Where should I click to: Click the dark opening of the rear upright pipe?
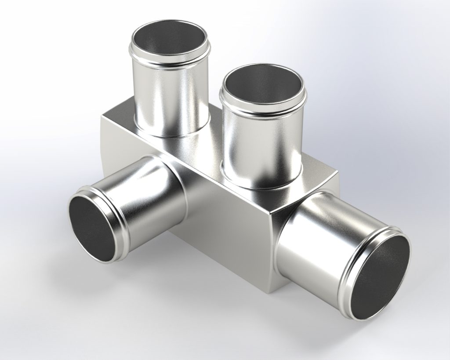[x=169, y=42]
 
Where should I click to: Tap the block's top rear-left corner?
[x=102, y=115]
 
